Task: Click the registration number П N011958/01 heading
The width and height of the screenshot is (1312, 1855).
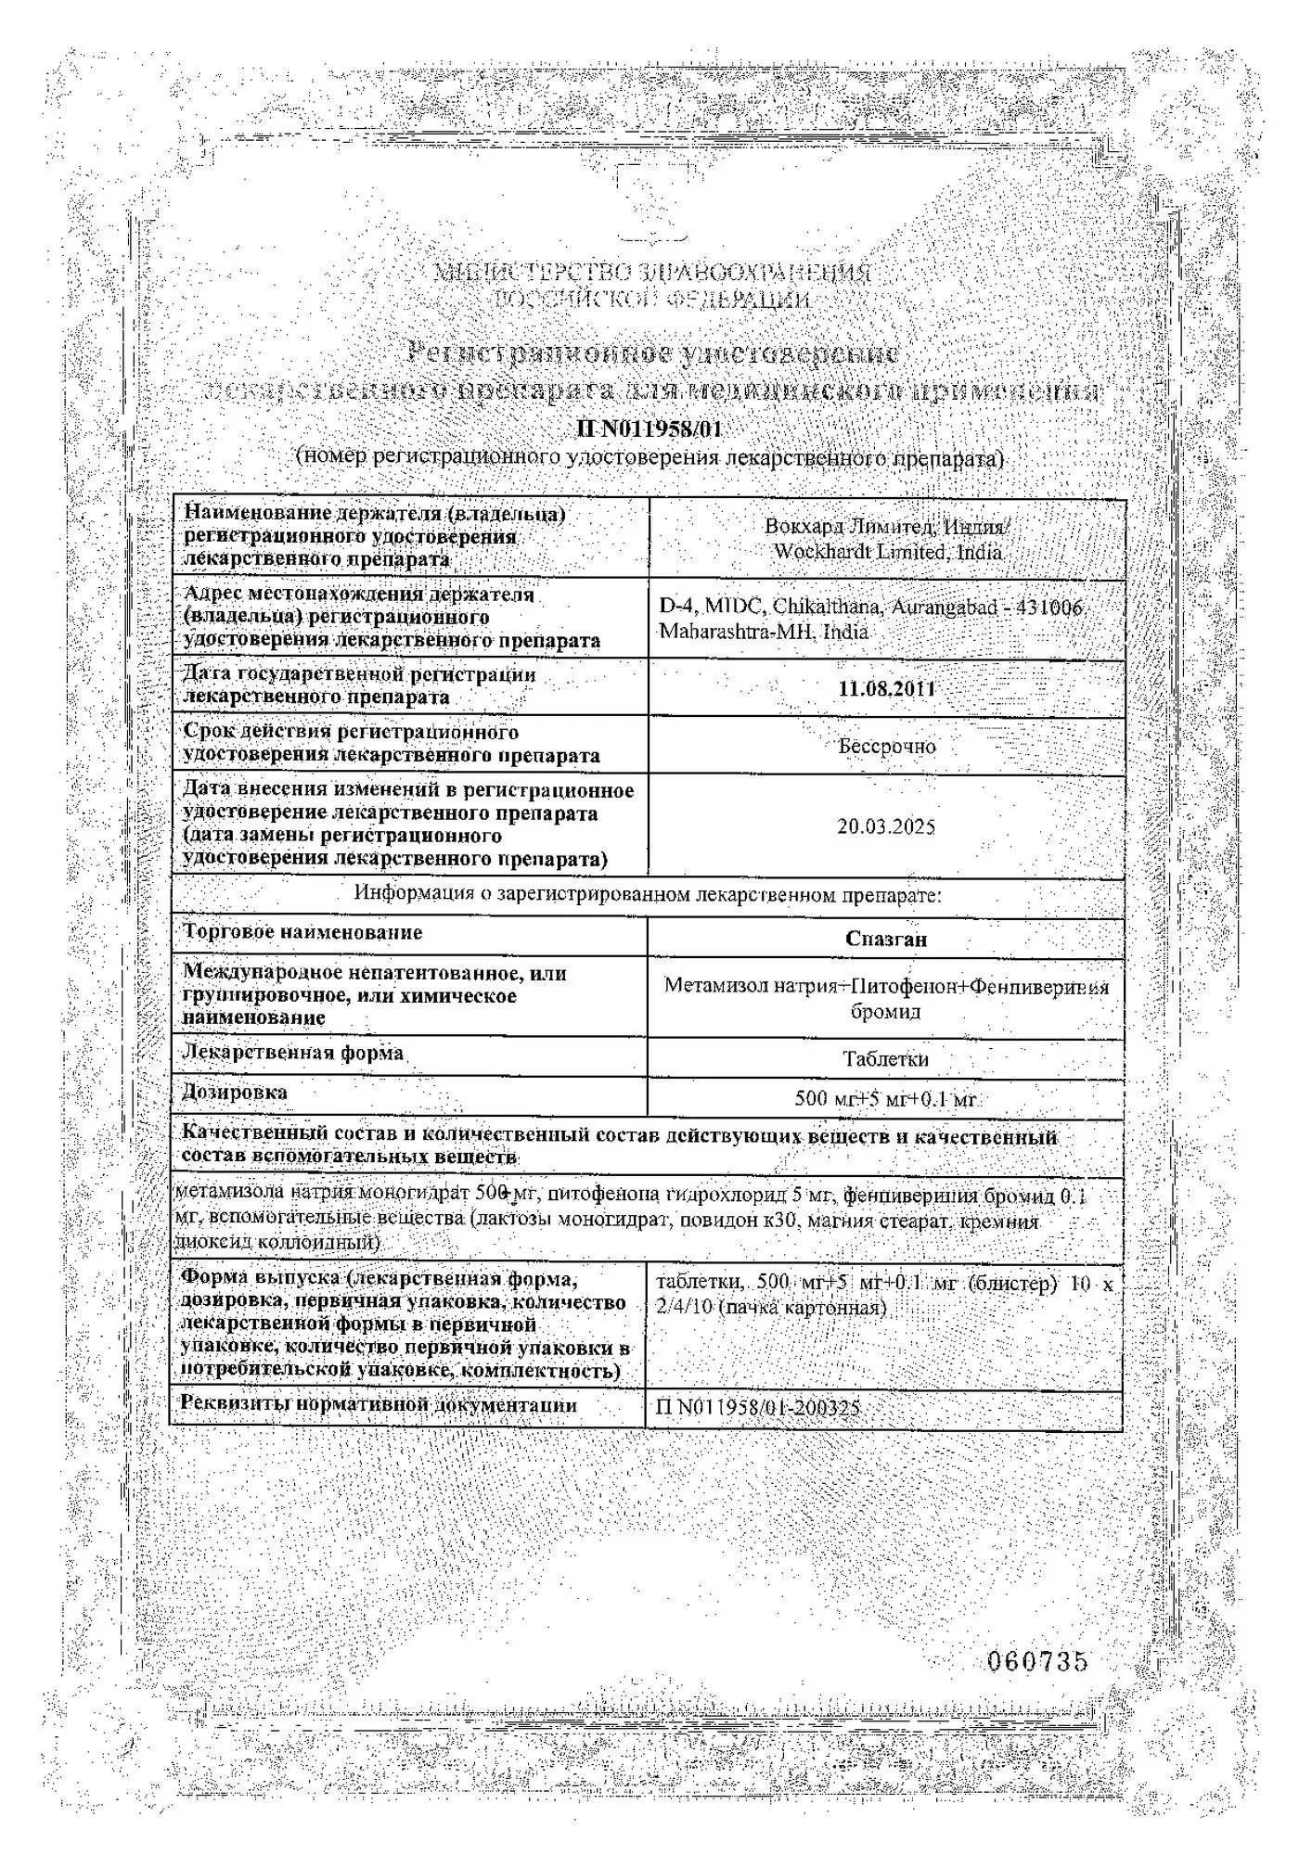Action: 649,429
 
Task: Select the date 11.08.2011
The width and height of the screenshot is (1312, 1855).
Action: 886,689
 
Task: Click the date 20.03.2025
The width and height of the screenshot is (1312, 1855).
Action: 886,826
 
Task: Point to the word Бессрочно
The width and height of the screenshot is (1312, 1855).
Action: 887,746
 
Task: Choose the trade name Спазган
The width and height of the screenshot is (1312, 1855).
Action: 886,939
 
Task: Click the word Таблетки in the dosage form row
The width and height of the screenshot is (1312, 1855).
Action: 886,1058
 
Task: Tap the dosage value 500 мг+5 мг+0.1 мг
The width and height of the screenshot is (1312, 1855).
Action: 886,1099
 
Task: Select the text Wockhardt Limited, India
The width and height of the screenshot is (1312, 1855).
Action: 888,552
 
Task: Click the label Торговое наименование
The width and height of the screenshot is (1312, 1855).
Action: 302,932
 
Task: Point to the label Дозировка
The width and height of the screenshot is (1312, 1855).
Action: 235,1092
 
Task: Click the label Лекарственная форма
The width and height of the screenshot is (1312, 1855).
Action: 293,1053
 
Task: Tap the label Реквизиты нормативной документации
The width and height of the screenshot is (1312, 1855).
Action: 379,1405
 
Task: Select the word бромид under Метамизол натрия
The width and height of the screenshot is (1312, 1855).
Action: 886,1011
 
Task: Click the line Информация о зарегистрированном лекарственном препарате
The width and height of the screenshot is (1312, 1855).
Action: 648,895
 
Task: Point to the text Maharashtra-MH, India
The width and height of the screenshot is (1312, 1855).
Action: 764,633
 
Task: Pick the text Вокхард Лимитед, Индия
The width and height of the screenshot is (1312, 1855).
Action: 886,527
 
